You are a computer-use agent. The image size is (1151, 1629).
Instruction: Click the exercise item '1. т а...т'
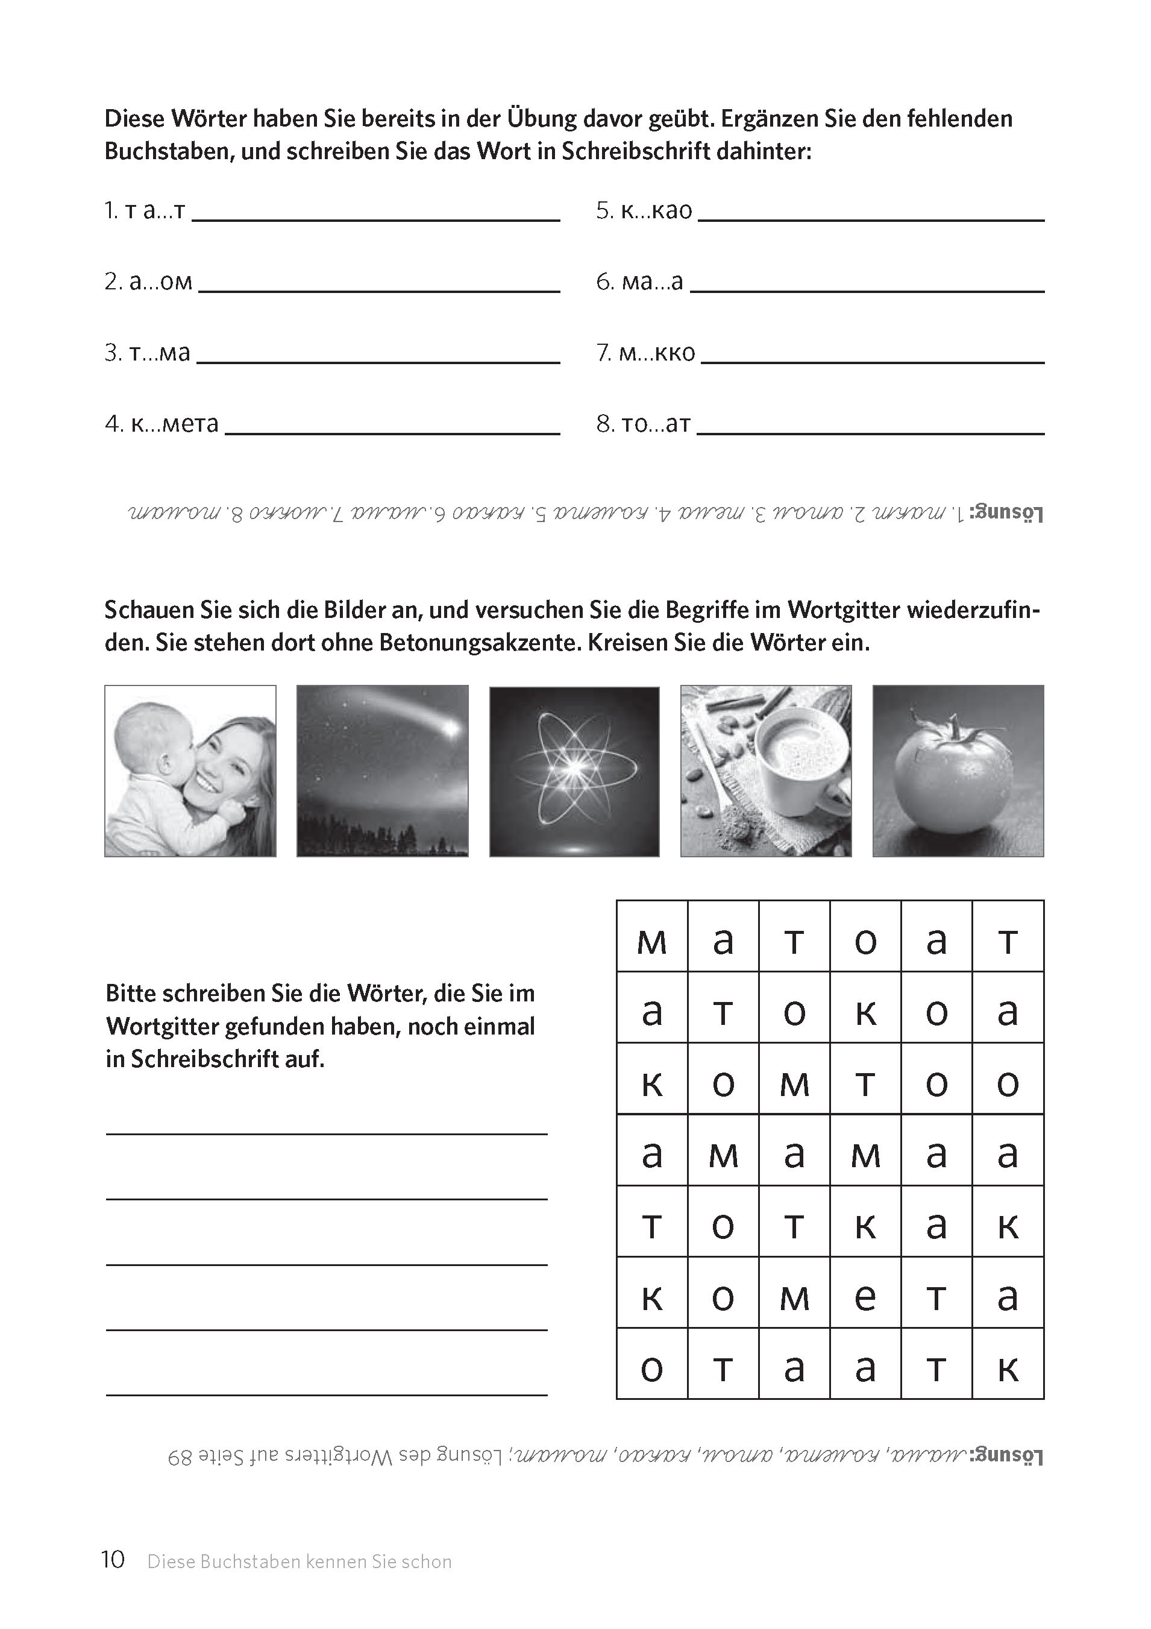point(145,211)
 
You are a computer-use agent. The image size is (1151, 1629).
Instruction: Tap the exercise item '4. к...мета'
point(162,424)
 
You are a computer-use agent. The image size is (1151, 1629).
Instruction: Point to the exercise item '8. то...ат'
point(643,424)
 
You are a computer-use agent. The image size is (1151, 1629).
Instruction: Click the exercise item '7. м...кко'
point(645,353)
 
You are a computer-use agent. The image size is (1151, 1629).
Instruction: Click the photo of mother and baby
point(190,770)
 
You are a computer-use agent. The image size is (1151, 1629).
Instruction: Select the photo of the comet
point(382,770)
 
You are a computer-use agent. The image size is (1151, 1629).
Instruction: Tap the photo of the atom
point(574,770)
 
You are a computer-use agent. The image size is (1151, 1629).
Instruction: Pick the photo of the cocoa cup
point(766,770)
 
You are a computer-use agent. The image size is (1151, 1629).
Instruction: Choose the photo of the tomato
point(958,770)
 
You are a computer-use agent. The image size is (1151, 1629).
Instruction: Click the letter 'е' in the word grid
point(865,1297)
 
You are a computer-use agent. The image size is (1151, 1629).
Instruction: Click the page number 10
point(113,1560)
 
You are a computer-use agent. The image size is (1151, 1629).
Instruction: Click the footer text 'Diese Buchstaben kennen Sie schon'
point(300,1561)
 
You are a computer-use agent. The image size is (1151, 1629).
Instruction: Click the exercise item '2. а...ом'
point(148,282)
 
